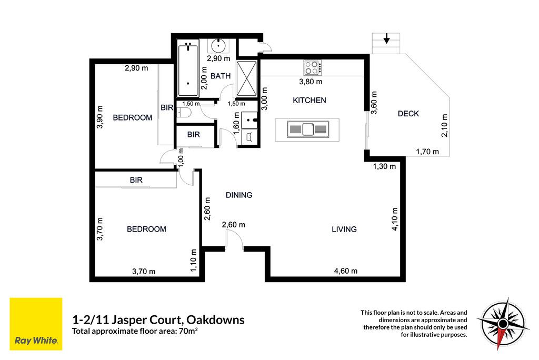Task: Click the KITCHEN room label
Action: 310,101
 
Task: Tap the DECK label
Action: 408,114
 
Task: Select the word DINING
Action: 239,195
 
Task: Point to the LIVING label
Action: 344,229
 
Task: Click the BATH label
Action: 221,76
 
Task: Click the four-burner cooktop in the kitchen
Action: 313,68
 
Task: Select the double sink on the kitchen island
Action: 307,129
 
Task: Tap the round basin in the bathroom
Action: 218,45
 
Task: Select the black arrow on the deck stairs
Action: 387,38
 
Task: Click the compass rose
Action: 503,323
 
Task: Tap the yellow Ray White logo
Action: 36,324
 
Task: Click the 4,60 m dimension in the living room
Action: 346,271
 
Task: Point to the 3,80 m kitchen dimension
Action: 311,82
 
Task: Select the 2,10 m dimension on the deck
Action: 444,125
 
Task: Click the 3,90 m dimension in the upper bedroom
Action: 99,117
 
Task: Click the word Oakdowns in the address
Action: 215,320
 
